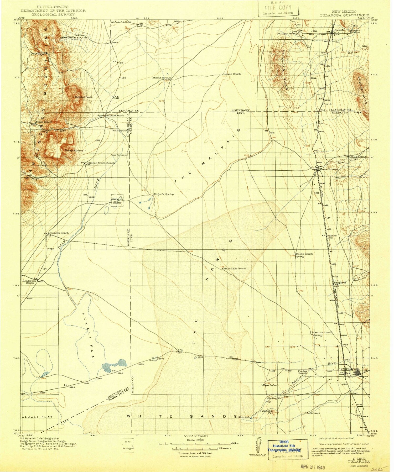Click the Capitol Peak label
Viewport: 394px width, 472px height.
pos(84,97)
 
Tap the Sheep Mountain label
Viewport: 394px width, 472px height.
pos(75,150)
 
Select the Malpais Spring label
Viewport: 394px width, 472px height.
pos(164,194)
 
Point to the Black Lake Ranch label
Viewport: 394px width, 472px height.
pos(235,269)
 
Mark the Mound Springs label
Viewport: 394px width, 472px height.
pos(162,78)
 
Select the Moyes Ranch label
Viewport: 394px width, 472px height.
pos(232,74)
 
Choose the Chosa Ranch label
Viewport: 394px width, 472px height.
pos(304,254)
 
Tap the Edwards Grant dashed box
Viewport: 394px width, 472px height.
pos(117,201)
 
